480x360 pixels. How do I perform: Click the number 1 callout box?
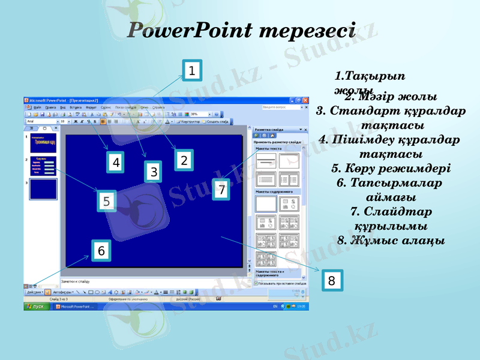coord(191,71)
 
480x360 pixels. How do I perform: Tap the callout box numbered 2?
coord(184,160)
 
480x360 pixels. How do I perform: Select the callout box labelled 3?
coord(154,172)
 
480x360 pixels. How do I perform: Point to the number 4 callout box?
coord(116,162)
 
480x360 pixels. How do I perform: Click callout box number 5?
coord(106,201)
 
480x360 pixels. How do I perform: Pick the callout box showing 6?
coord(101,251)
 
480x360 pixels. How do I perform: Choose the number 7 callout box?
coord(221,190)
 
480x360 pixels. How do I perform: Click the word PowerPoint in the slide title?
coord(189,30)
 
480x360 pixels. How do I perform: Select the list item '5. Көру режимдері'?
coord(391,169)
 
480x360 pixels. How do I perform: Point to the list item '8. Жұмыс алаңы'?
coord(391,240)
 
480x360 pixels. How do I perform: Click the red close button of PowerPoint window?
coord(305,100)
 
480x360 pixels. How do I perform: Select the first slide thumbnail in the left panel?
coord(43,143)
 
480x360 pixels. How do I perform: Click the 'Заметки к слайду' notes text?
coord(76,281)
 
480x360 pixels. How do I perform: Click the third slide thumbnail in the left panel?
coord(43,190)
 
